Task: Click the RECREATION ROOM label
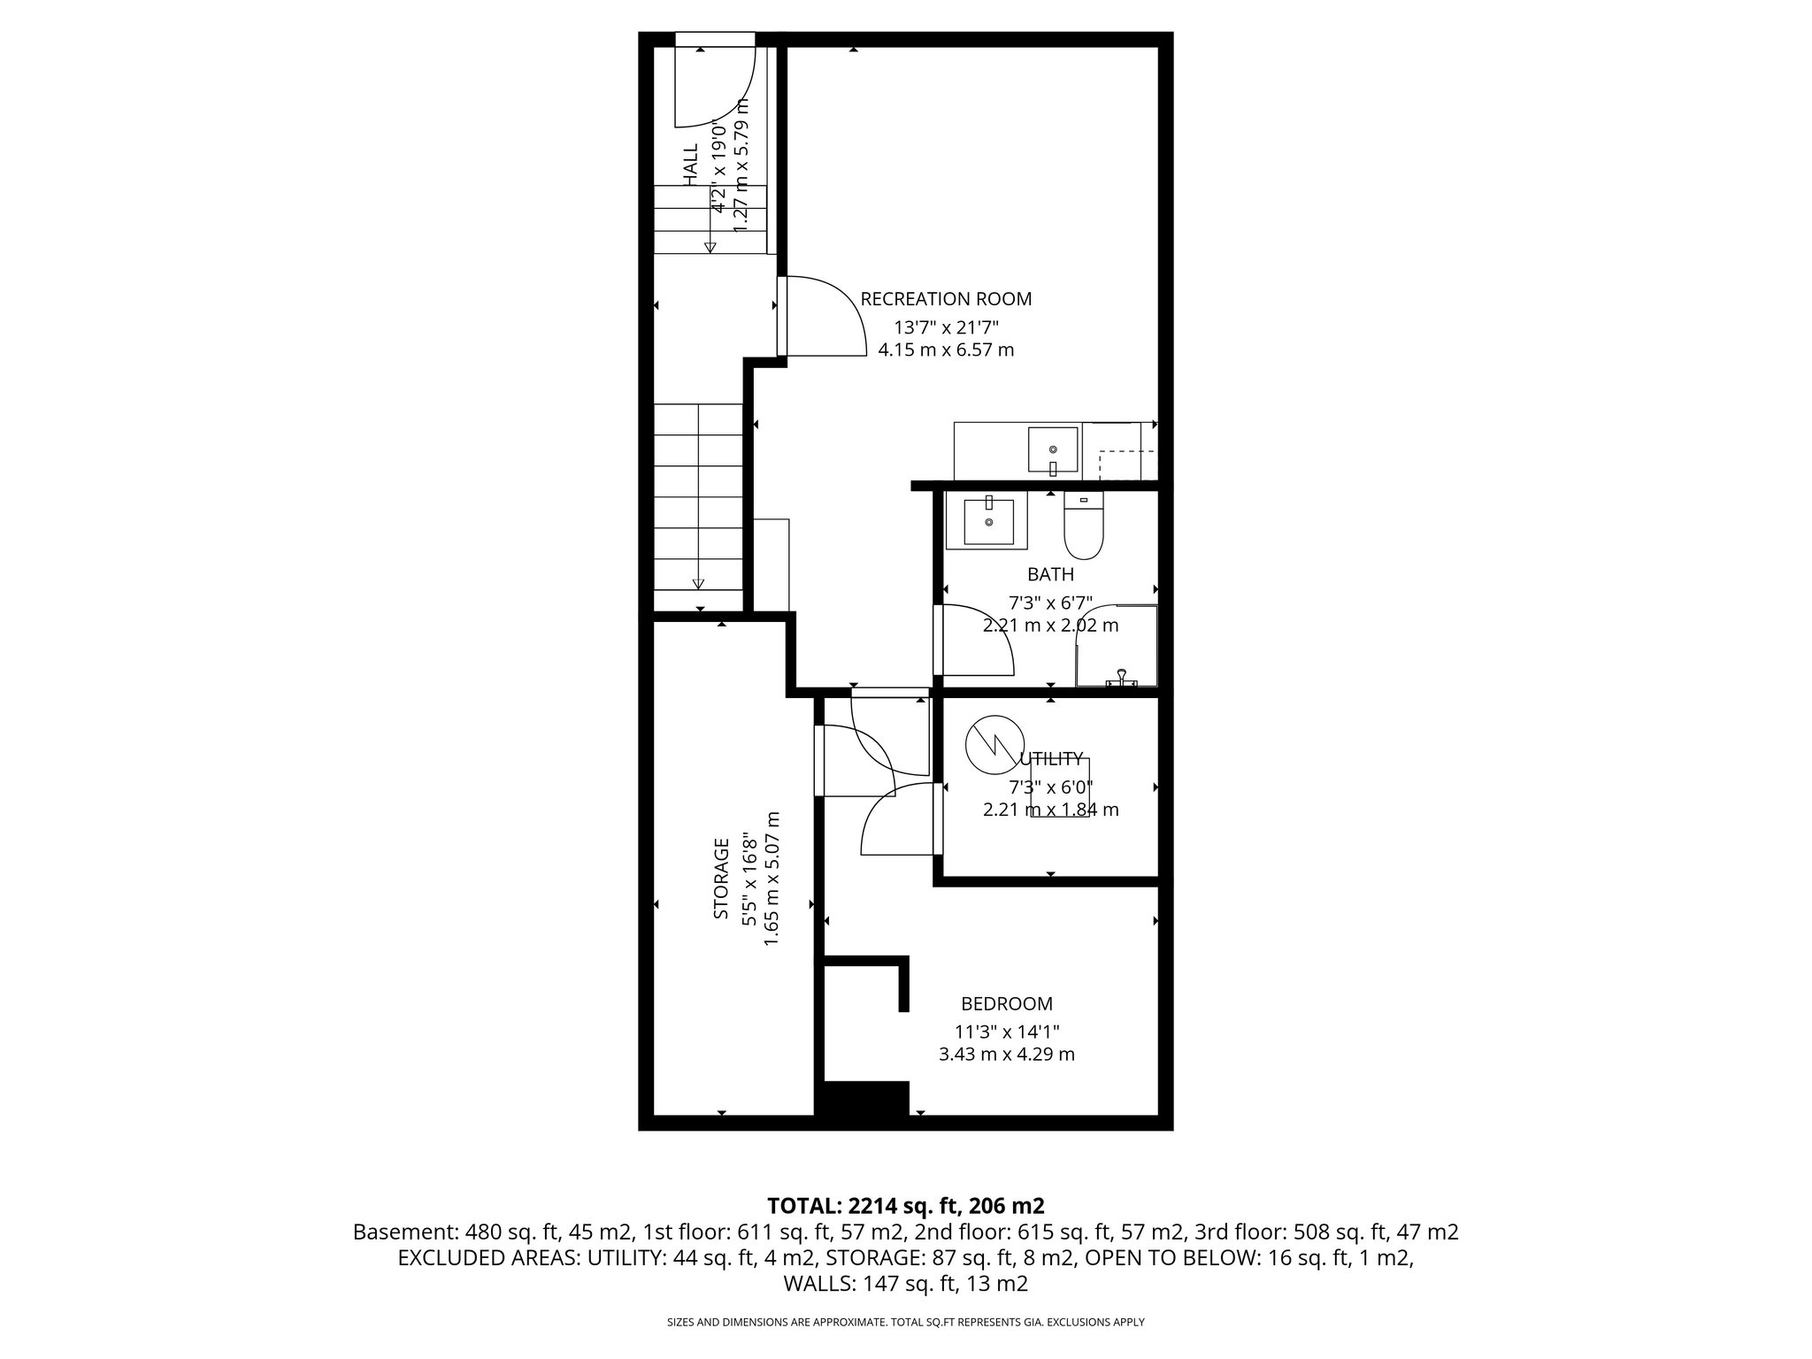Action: point(946,299)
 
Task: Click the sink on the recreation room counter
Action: point(1053,451)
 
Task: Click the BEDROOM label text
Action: point(1007,1003)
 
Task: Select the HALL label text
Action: point(691,165)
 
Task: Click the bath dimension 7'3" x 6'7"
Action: point(1050,603)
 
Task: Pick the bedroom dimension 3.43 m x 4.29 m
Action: point(1007,1055)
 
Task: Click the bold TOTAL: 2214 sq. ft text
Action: point(905,1205)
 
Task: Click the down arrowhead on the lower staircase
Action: point(698,583)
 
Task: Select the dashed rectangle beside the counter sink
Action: point(1126,465)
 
